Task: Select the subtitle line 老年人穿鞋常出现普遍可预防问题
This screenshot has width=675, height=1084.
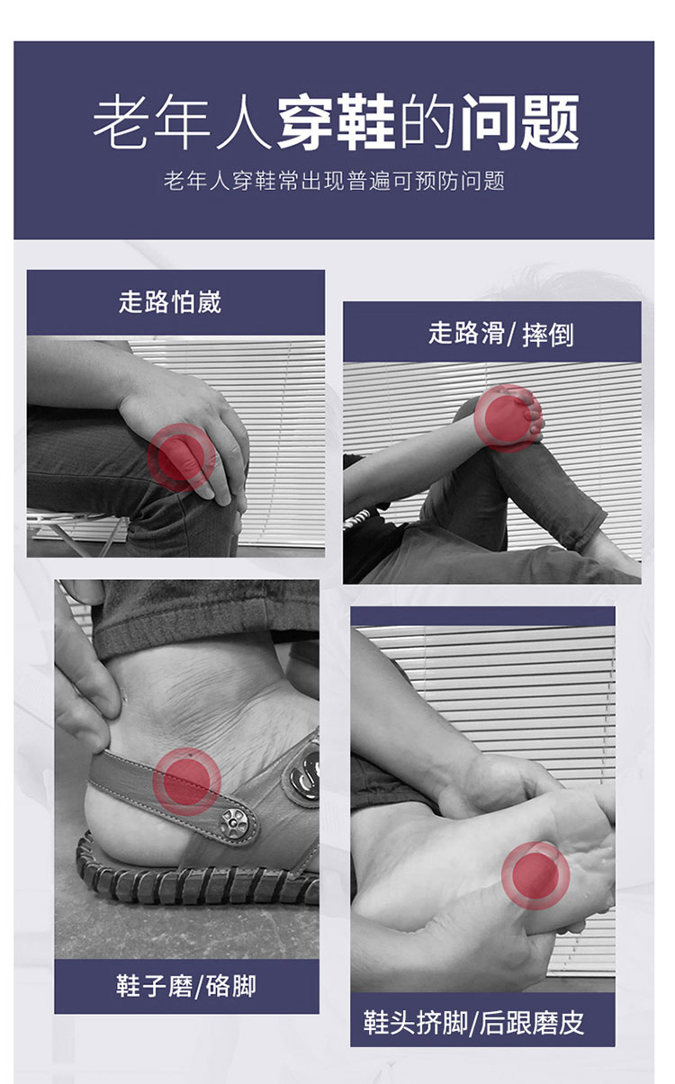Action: pyautogui.click(x=334, y=181)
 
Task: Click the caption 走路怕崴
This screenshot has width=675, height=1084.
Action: pyautogui.click(x=170, y=302)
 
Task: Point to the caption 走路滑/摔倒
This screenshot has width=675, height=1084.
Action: pyautogui.click(x=501, y=334)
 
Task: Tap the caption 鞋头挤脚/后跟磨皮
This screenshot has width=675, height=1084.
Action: pyautogui.click(x=474, y=1023)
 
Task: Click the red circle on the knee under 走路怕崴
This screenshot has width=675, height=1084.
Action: pyautogui.click(x=182, y=457)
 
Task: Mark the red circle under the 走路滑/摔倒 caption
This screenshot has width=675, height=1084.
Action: pyautogui.click(x=508, y=418)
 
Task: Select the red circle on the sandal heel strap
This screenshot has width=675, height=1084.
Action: pyautogui.click(x=187, y=782)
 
